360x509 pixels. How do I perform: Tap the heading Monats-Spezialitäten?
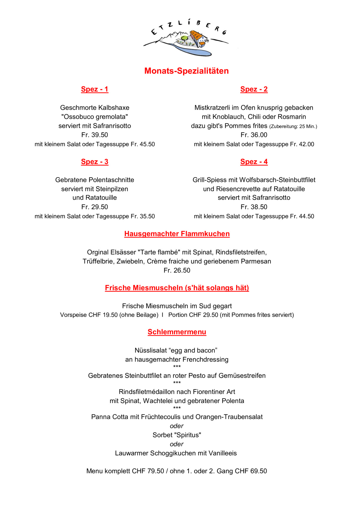186,71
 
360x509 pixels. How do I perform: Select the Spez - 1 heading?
95,89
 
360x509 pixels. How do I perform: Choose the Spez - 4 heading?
254,162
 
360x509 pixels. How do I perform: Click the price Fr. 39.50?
95,135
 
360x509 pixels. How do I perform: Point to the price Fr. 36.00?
254,135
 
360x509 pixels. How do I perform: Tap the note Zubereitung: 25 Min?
293,127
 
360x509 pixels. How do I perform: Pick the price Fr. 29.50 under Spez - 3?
95,207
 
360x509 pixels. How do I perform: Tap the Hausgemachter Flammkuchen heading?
177,234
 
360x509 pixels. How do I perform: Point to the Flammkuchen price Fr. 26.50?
177,270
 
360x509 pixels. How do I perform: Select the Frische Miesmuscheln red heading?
177,288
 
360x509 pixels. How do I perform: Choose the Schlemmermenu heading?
177,332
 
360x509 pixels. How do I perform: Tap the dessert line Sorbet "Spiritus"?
177,435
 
